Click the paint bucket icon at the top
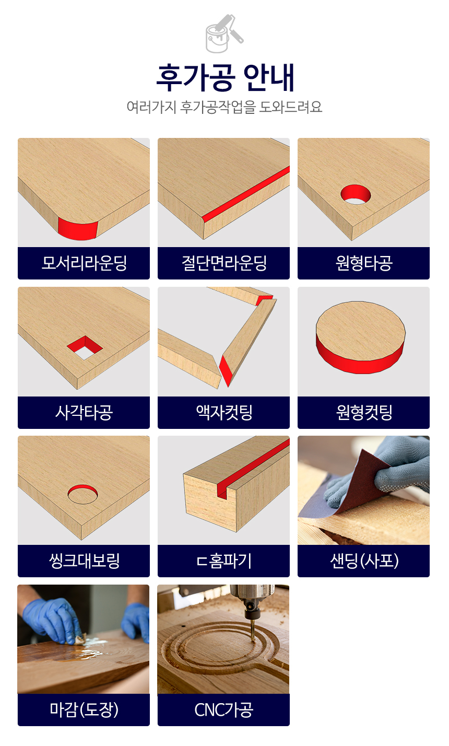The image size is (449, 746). (x=224, y=33)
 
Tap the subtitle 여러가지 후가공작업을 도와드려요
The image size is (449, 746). (x=224, y=107)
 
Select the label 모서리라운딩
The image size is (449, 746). (x=84, y=263)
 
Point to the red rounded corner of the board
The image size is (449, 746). (x=78, y=229)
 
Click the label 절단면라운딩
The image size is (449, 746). (x=223, y=263)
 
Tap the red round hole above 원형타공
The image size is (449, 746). (x=356, y=194)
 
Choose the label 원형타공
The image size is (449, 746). (x=364, y=263)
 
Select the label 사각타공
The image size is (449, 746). (x=84, y=412)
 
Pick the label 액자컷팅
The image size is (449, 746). (x=223, y=412)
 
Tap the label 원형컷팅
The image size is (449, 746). (x=364, y=412)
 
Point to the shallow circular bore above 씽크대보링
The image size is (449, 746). (x=82, y=494)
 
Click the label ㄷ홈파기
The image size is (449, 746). (x=223, y=561)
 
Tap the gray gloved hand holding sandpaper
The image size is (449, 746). (x=389, y=470)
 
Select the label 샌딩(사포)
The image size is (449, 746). (x=364, y=561)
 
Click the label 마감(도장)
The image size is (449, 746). (x=84, y=709)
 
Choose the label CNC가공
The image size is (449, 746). (x=223, y=709)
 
